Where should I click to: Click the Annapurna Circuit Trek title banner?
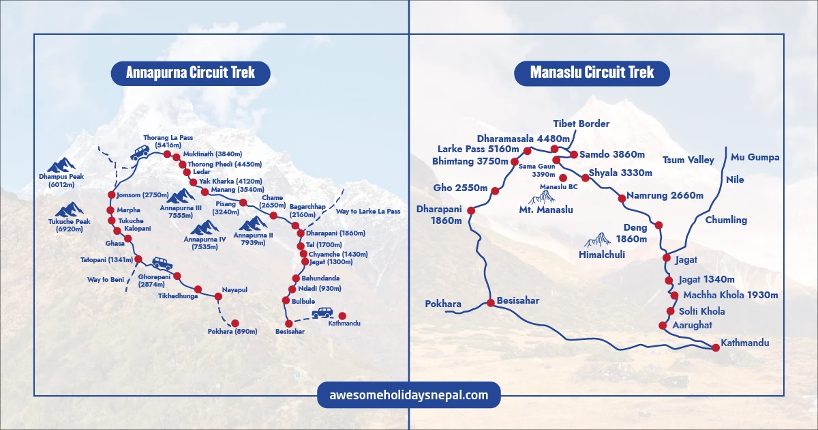point(191,72)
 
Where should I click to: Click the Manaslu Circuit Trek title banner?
point(592,72)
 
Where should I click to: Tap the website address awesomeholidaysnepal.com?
point(409,395)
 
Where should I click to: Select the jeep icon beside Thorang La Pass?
point(140,152)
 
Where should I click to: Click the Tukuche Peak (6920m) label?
point(69,225)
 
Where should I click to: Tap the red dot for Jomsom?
point(111,195)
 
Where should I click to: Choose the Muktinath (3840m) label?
point(211,154)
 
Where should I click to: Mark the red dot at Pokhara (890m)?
point(235,323)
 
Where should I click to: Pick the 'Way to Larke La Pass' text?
point(368,212)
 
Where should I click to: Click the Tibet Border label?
point(581,124)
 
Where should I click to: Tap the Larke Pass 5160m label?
point(479,149)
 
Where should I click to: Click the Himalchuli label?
point(602,254)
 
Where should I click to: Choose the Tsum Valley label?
point(688,160)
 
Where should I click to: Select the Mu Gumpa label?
point(755,157)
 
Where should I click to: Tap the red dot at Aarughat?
point(662,325)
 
